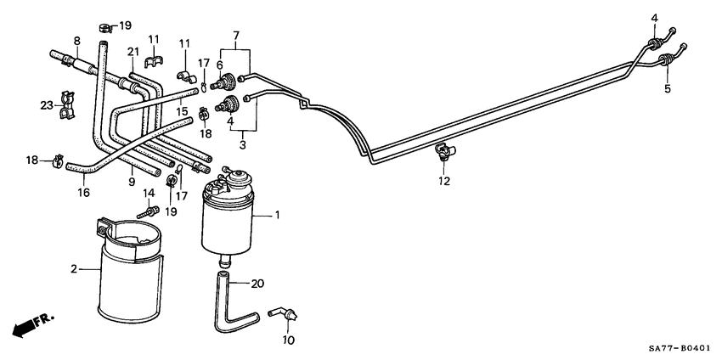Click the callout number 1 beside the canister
[x=276, y=217]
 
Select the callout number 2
[x=75, y=269]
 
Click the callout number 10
[x=288, y=340]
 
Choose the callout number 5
[x=667, y=88]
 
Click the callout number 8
[x=76, y=40]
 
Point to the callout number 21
[x=133, y=53]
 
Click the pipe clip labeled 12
[x=443, y=153]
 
